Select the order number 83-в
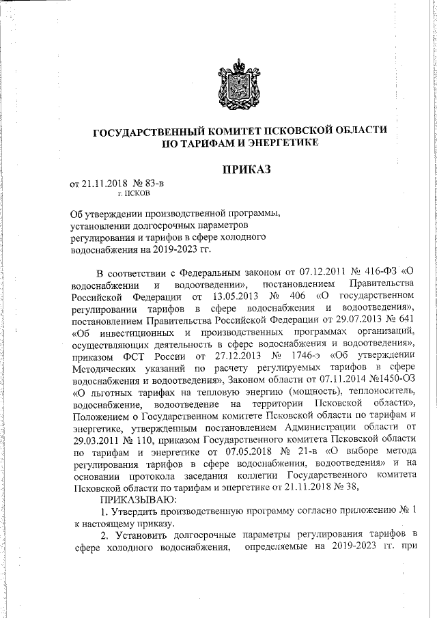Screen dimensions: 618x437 click(x=152, y=182)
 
